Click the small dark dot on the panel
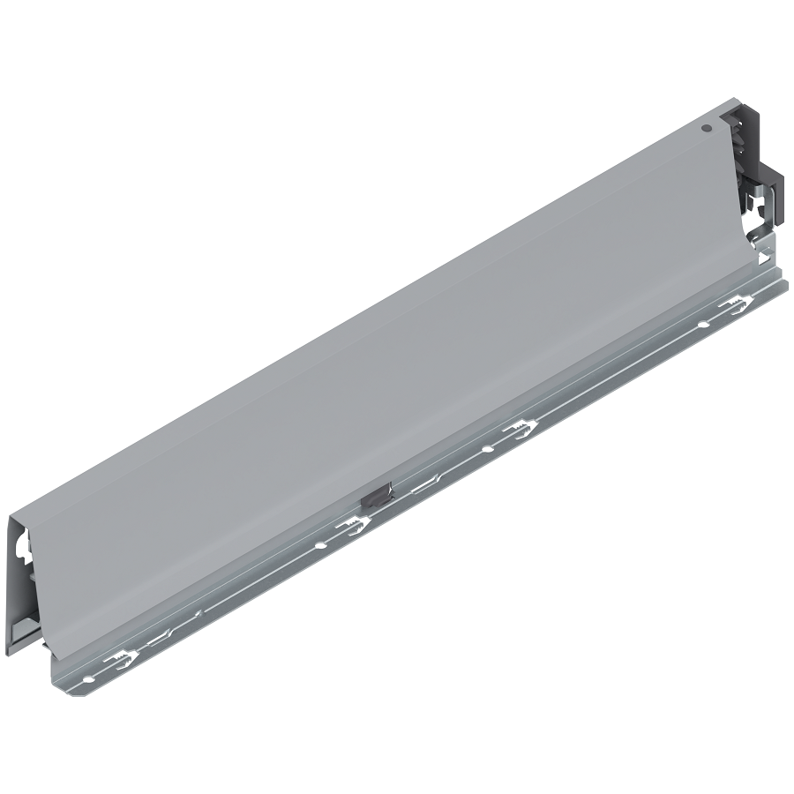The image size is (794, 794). tap(707, 128)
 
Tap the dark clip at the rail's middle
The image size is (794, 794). tap(374, 495)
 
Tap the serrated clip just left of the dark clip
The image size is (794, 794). tap(354, 527)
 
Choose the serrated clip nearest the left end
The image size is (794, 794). tap(123, 661)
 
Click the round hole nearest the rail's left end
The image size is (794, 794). tap(89, 678)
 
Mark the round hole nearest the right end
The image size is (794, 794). tap(702, 326)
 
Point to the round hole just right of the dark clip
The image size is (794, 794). tap(486, 450)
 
